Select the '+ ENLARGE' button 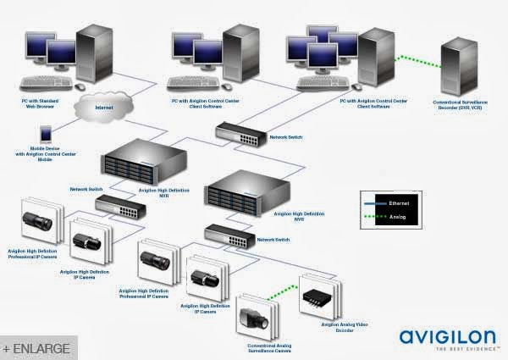(38, 348)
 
